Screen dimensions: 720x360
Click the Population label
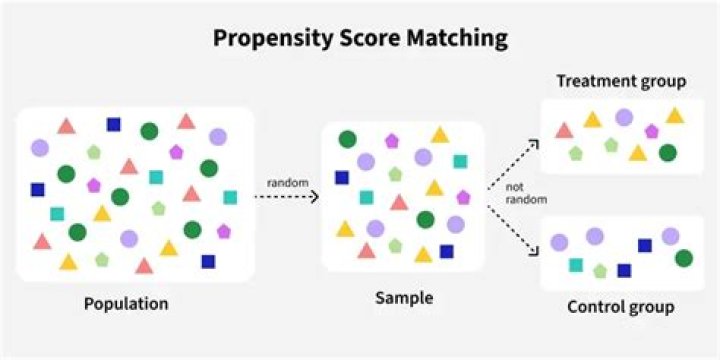pos(126,303)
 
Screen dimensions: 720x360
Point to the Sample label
pos(402,297)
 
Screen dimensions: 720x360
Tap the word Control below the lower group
pos(597,306)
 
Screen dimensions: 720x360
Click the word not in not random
pos(514,188)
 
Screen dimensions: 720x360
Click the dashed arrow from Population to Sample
pos(285,197)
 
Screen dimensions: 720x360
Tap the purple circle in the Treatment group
pos(623,117)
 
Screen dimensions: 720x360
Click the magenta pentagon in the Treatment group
pos(652,131)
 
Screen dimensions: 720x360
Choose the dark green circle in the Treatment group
pos(667,153)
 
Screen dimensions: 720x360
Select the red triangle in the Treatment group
pos(564,130)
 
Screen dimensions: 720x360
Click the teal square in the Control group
pos(576,265)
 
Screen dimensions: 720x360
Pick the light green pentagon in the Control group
pos(600,270)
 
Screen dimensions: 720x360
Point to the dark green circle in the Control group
pos(684,259)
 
